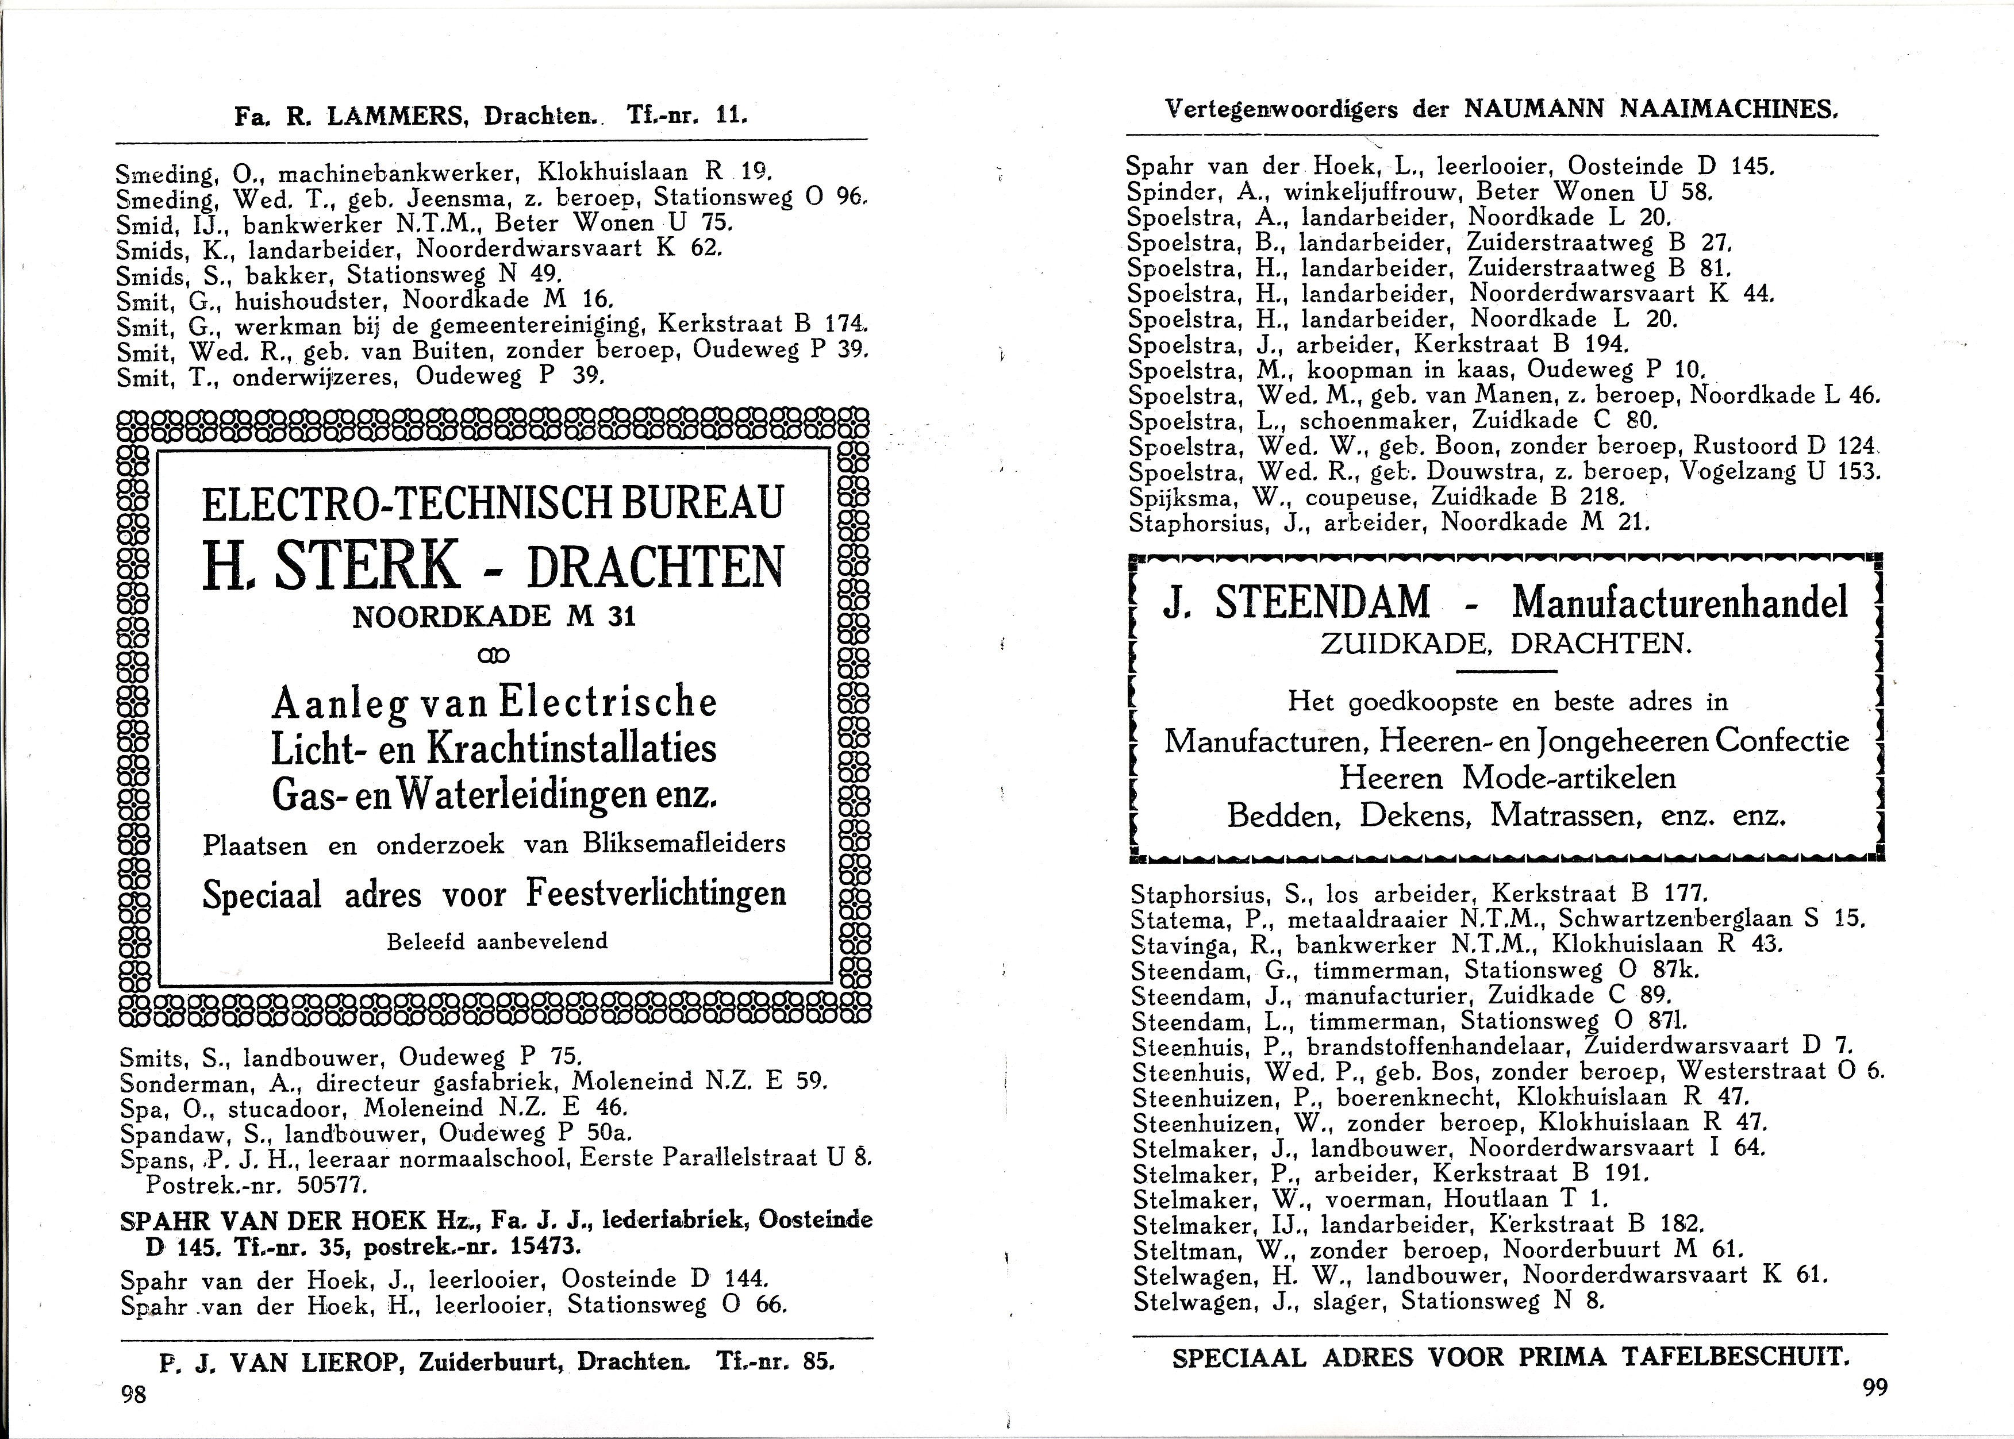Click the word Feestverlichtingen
click(x=656, y=893)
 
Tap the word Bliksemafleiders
click(x=684, y=844)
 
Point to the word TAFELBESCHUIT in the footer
click(x=1731, y=1357)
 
